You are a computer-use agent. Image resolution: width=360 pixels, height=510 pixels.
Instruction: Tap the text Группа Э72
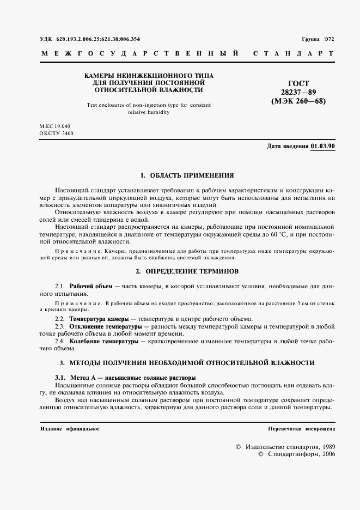click(318, 40)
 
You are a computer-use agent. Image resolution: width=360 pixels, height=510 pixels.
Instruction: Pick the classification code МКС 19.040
click(56, 126)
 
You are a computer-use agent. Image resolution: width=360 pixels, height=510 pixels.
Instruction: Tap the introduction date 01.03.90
click(323, 147)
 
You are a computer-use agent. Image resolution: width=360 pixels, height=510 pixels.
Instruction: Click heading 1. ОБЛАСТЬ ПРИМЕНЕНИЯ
click(187, 175)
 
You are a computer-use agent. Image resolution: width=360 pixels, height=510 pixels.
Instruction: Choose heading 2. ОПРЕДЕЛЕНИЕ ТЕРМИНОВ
click(187, 271)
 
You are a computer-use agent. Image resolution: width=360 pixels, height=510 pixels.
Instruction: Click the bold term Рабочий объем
click(91, 286)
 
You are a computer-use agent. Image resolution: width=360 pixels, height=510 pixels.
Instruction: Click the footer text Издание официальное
click(69, 429)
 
